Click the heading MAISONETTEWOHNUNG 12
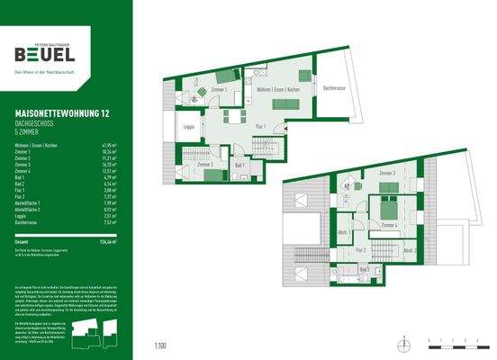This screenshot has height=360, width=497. click(x=58, y=112)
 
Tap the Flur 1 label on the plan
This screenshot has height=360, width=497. click(x=259, y=126)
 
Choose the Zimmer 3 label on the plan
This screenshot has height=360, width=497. click(x=387, y=173)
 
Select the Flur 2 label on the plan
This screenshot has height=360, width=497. click(x=358, y=249)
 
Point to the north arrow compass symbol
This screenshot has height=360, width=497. click(x=406, y=343)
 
